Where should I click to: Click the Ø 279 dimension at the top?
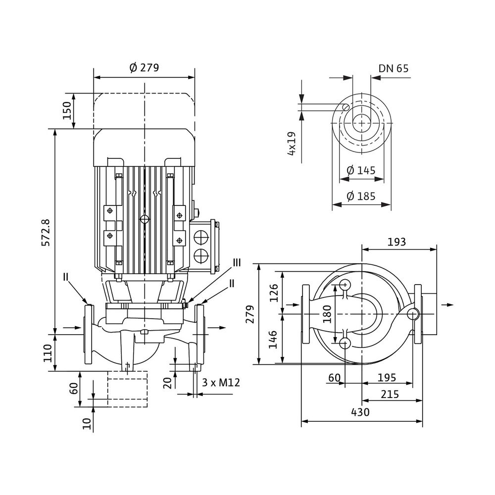(144, 68)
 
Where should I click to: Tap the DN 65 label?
(394, 69)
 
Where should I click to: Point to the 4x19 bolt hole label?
(293, 144)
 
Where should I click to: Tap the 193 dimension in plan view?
(396, 242)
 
